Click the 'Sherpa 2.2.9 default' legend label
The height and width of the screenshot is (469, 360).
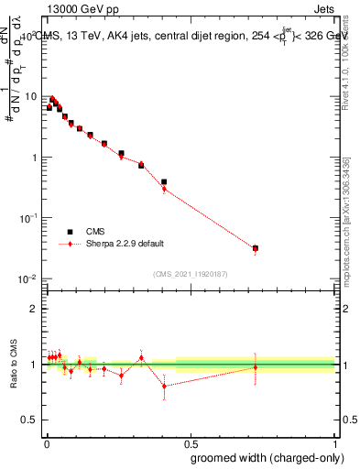[x=125, y=244]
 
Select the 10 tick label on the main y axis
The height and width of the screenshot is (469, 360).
[x=29, y=96]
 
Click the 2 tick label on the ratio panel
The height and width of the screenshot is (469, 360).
[x=34, y=309]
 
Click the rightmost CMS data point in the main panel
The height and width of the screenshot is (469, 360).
[x=256, y=248]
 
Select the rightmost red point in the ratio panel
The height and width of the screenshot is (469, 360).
[x=256, y=367]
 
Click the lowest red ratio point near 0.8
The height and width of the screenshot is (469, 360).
[x=164, y=386]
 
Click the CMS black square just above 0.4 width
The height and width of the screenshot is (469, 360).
[x=164, y=182]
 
